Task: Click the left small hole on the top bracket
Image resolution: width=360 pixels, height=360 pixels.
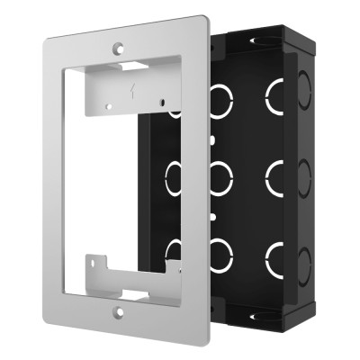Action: [111, 106]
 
